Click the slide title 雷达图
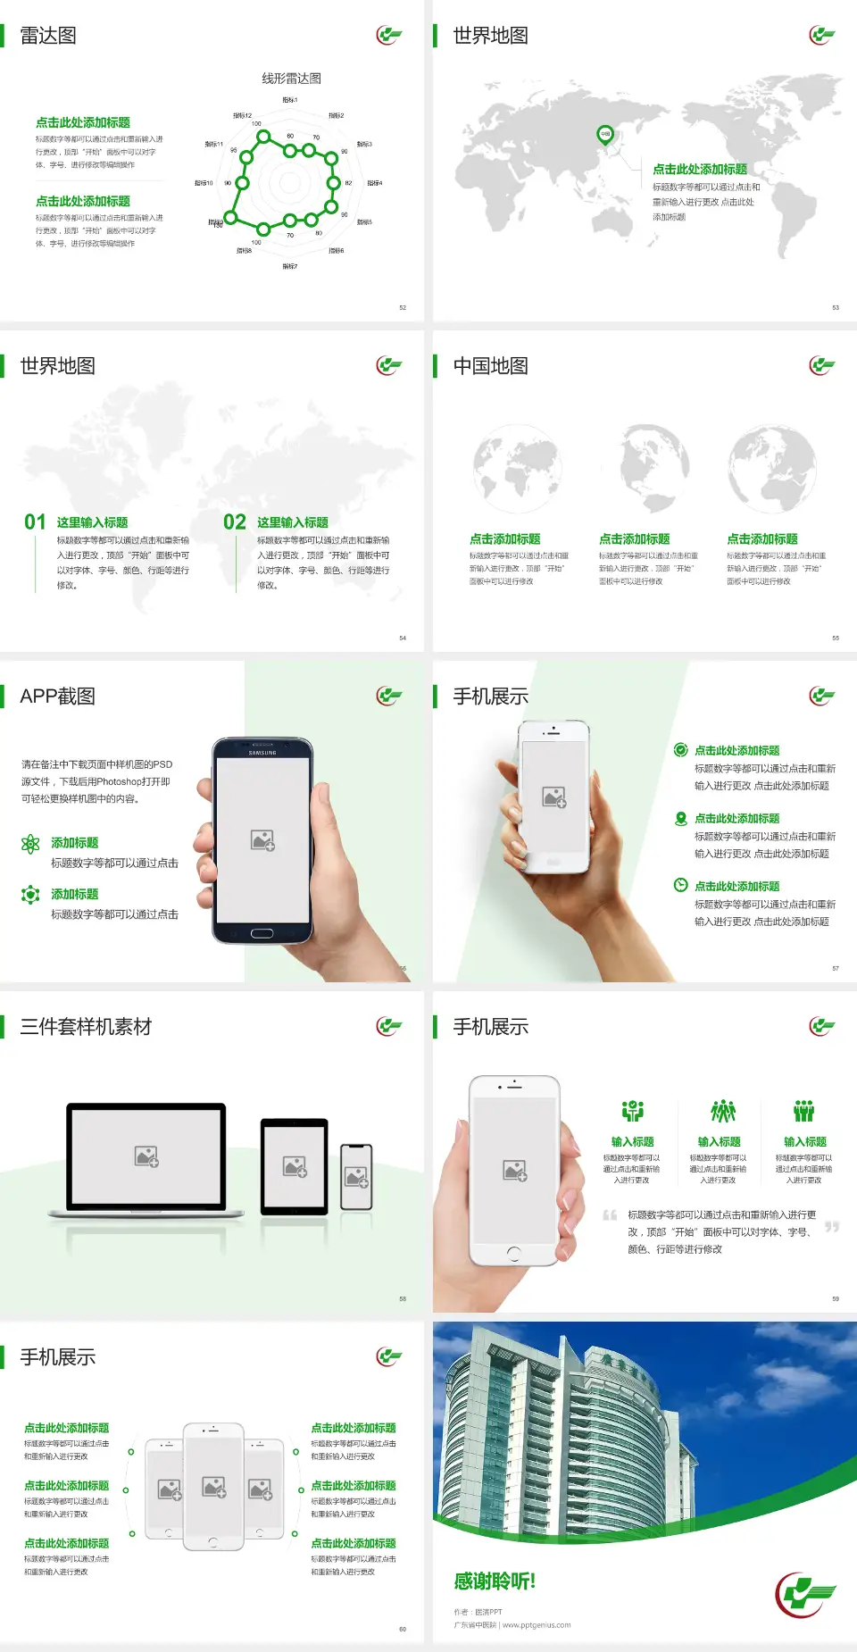pos(48,36)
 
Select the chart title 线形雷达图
pos(291,79)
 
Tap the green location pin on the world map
pos(604,135)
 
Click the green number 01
pos(35,522)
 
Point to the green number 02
pos(235,522)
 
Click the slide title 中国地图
pos(490,366)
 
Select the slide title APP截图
pos(58,697)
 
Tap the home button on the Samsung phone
pos(262,933)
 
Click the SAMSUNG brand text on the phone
pos(262,753)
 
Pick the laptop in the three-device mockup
pos(146,1159)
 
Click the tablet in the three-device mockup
pos(295,1165)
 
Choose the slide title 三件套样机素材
pos(86,1027)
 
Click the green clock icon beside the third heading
pos(680,885)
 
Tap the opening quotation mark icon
pos(610,1214)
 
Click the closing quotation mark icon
pos(832,1227)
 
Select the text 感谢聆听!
pos(495,1581)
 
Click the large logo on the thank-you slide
pos(805,1594)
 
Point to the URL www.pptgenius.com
pos(537,1625)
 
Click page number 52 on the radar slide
pos(403,307)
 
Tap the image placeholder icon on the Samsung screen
pos(262,840)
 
